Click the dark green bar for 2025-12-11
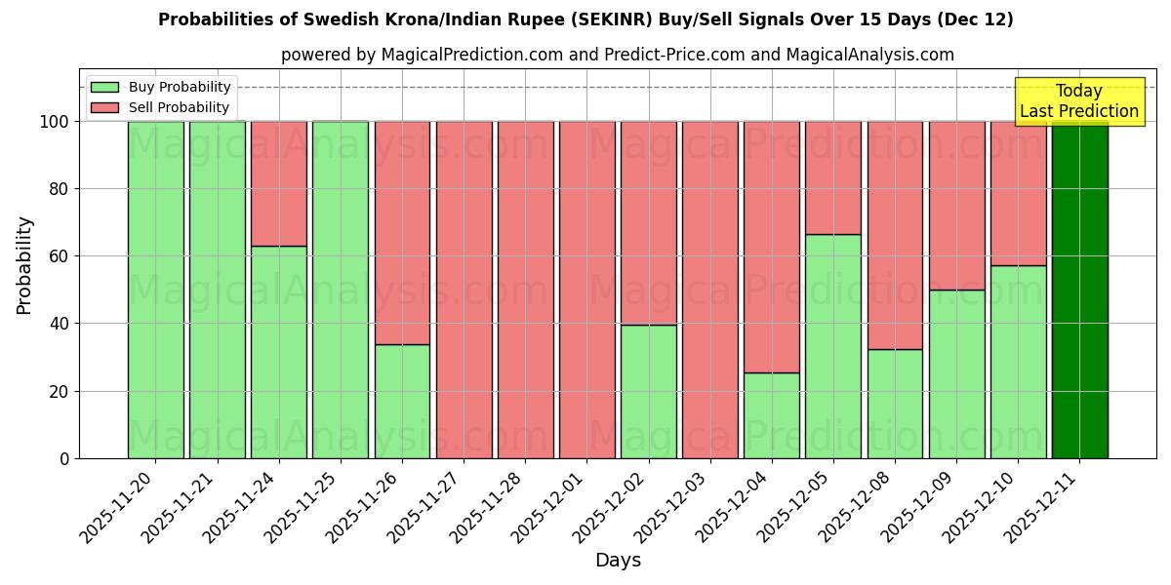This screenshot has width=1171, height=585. click(x=1079, y=290)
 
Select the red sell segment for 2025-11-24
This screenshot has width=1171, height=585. click(x=279, y=183)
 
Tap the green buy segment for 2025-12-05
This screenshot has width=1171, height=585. click(x=833, y=346)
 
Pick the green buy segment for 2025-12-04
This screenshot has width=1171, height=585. click(x=771, y=415)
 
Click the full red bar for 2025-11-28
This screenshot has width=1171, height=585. click(x=525, y=290)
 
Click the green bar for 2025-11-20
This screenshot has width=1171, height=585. click(x=156, y=290)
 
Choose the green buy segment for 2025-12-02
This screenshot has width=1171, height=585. click(x=648, y=391)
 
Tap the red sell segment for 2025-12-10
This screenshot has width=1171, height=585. click(x=1018, y=193)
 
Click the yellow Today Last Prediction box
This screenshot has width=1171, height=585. click(x=1078, y=101)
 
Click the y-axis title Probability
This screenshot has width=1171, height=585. click(x=24, y=265)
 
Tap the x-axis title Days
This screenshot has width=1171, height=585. click(x=618, y=561)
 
